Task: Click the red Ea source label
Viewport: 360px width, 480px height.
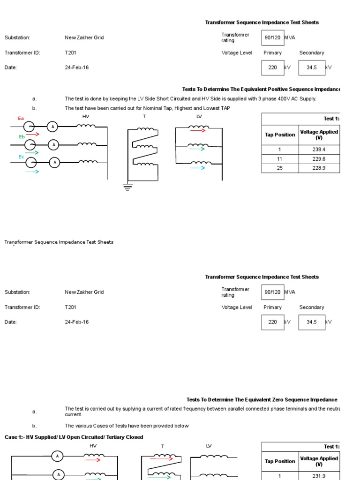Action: pos(21,119)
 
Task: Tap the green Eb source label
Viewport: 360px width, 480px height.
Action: pos(22,137)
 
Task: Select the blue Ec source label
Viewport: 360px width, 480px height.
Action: pos(21,157)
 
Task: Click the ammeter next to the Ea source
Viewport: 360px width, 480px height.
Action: pos(53,127)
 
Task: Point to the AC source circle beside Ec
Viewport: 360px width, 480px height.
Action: pos(31,162)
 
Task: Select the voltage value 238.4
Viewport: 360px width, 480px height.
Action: pos(319,150)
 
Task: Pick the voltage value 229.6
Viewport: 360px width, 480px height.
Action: pos(319,159)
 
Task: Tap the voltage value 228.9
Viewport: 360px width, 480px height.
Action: pos(319,168)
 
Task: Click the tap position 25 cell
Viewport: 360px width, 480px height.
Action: pos(280,168)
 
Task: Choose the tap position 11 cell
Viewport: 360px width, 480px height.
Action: pos(280,159)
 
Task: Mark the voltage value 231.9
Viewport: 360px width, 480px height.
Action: pos(319,476)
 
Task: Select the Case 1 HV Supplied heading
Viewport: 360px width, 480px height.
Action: pos(74,437)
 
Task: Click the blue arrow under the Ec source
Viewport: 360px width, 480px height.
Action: pos(32,172)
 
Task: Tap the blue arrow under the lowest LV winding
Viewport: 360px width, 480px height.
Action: pos(197,168)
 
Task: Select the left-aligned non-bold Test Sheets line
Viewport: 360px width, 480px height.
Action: pos(59,242)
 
